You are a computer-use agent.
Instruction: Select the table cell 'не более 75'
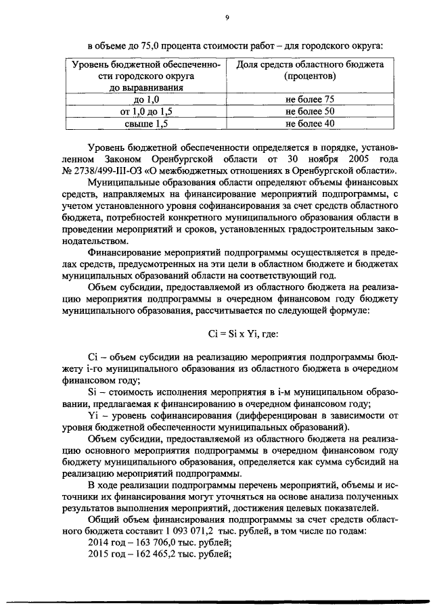(310, 99)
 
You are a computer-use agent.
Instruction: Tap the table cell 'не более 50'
(310, 112)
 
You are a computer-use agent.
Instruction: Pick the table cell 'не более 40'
(310, 124)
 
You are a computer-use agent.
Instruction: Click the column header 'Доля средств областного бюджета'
(310, 64)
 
